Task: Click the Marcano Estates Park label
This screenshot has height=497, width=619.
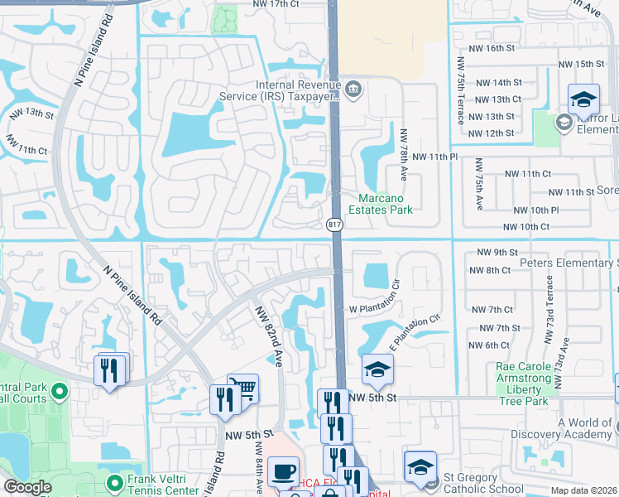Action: point(385,204)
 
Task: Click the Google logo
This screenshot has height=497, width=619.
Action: point(27,487)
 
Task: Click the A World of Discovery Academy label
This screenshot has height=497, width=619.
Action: point(585,428)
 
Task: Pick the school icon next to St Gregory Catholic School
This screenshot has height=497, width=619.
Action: point(419,467)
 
